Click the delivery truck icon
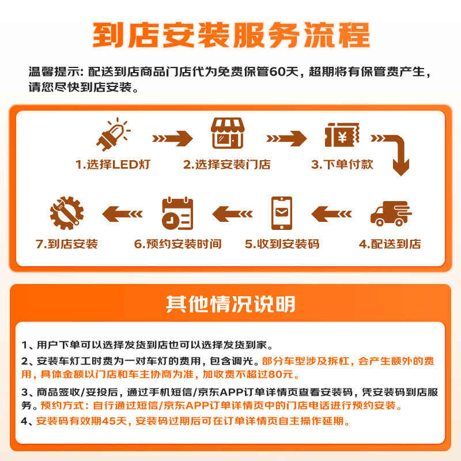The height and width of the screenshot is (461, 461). [390, 214]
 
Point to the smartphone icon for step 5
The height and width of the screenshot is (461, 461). [282, 213]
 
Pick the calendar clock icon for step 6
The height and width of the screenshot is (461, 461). [177, 213]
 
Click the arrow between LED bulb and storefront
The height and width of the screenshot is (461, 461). [172, 138]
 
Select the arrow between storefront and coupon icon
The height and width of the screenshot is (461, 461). [286, 138]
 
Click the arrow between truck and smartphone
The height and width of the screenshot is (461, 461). [331, 214]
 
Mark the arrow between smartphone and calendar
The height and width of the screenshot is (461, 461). [232, 214]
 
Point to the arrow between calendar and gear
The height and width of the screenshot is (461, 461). [122, 214]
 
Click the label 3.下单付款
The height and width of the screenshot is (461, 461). [342, 164]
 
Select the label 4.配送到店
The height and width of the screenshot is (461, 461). [390, 244]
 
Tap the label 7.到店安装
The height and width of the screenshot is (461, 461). [67, 244]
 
